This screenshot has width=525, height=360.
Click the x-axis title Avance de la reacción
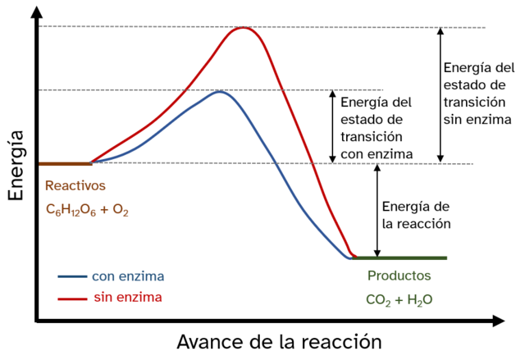click(279, 340)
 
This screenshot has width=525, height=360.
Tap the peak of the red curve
click(243, 29)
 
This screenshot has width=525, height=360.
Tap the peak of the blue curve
click(219, 91)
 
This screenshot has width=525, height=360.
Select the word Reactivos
click(75, 185)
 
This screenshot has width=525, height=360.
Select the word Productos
click(399, 276)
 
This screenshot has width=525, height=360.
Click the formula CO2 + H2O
click(399, 299)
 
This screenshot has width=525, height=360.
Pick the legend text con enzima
click(128, 276)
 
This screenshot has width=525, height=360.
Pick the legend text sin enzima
click(126, 296)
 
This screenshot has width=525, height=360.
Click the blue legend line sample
click(73, 276)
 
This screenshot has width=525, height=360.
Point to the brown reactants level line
click(64, 164)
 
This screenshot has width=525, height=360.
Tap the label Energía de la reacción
click(416, 214)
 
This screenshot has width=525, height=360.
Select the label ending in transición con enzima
click(375, 128)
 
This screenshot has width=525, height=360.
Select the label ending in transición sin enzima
click(477, 93)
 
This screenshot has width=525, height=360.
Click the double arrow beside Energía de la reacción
click(377, 211)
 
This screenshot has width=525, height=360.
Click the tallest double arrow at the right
click(441, 94)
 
